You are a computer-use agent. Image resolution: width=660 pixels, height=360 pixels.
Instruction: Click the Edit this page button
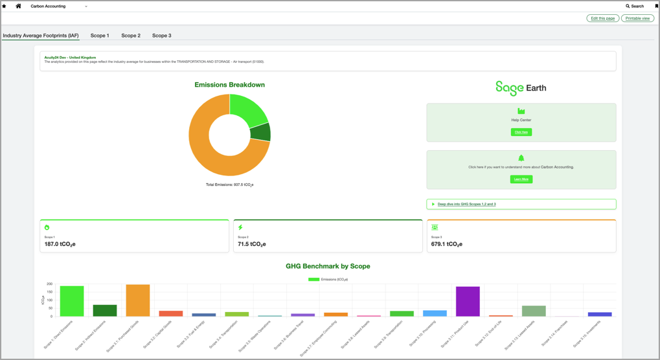[602, 18]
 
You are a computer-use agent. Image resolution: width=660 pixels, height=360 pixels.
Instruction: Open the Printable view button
[637, 18]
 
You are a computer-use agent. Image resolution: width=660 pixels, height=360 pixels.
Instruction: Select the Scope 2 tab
[131, 36]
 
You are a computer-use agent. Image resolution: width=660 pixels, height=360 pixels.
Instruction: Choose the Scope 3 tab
[161, 36]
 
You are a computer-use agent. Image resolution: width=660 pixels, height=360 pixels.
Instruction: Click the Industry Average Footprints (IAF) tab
[41, 36]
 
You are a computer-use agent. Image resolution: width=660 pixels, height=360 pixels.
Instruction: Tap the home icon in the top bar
[18, 6]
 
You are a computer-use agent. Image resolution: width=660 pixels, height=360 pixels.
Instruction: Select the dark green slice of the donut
[260, 132]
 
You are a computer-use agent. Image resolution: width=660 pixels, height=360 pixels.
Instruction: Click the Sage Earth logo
[521, 87]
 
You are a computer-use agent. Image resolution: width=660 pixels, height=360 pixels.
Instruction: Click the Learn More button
[521, 179]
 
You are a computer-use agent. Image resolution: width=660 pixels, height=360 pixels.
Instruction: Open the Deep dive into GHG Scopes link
[466, 204]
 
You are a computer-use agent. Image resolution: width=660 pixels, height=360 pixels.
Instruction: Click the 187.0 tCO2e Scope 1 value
[60, 244]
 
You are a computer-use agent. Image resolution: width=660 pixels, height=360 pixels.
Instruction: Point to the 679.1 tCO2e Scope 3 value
[446, 244]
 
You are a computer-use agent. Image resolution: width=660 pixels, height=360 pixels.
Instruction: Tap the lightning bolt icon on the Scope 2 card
[240, 227]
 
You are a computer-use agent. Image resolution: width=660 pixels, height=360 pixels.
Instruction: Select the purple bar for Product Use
[468, 302]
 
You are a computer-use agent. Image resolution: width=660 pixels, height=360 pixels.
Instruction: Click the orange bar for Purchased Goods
[138, 300]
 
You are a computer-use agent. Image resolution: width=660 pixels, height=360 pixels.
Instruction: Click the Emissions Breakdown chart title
[229, 85]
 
